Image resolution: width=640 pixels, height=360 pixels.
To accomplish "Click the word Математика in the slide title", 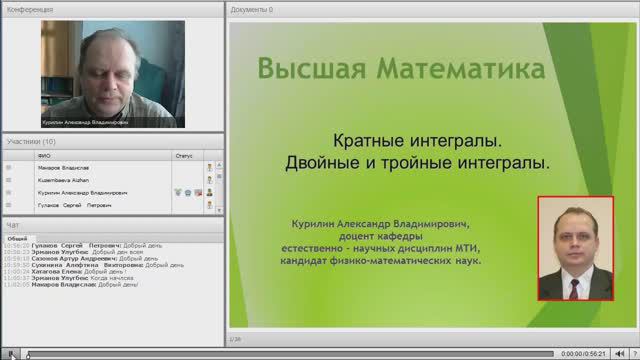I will coord(458,70).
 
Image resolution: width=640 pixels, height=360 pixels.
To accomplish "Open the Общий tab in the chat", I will coord(17,239).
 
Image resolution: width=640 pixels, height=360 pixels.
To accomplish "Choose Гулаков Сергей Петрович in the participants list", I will coord(75,205).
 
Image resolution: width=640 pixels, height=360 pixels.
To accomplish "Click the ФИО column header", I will coord(43,156).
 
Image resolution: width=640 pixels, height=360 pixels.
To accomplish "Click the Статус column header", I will coord(183,156).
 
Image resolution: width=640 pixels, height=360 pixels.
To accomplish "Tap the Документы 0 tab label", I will coord(252,9).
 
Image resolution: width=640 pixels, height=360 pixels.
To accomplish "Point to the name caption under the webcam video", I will coord(85,124).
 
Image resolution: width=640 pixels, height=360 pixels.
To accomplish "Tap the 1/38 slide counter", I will coord(236,339).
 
